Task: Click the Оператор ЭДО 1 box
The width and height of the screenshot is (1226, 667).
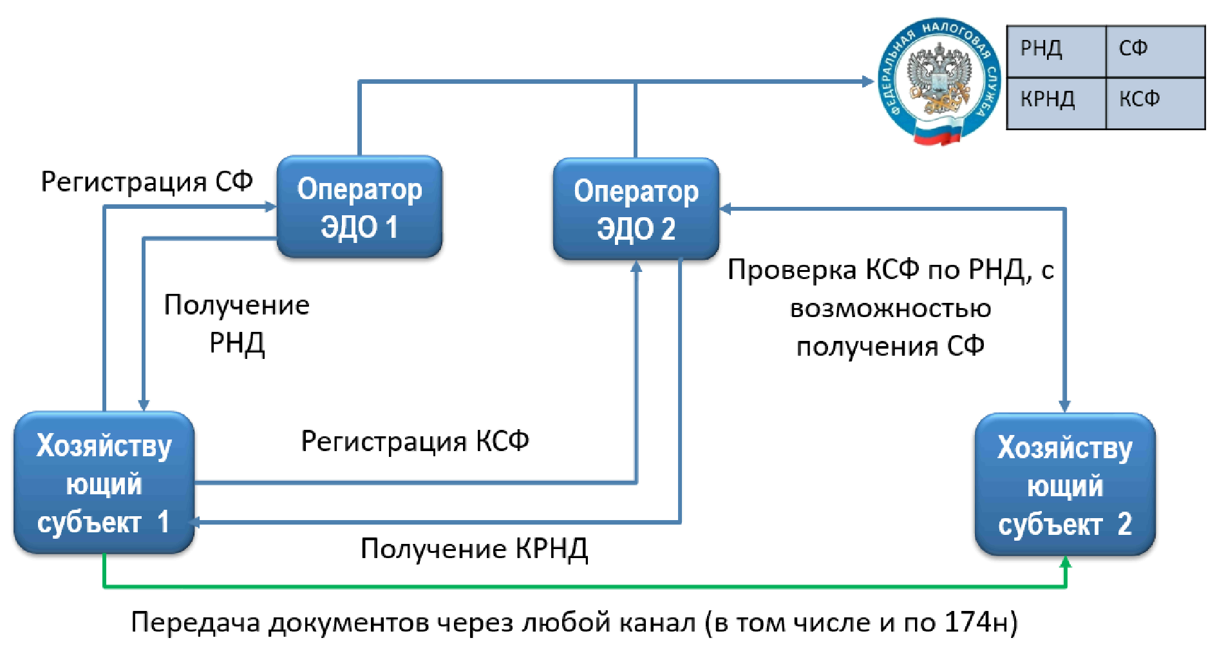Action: [359, 207]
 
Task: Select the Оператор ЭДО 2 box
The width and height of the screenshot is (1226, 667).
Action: [636, 209]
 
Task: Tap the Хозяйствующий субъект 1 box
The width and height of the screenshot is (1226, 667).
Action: [104, 483]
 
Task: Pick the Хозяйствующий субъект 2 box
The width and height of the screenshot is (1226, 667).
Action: [1064, 485]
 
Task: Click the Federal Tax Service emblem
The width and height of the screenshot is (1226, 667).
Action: [939, 81]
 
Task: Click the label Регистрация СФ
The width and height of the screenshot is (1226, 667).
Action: [147, 182]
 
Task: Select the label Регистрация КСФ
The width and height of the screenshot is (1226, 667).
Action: [415, 441]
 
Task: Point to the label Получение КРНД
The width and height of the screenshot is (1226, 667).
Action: [474, 549]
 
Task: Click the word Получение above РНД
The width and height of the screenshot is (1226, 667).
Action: [236, 305]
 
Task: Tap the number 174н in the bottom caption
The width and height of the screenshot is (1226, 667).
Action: [972, 623]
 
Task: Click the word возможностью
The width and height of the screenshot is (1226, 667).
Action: [890, 309]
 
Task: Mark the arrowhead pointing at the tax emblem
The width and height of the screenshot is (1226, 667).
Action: [868, 81]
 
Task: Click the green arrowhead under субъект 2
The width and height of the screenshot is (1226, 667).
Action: [1066, 563]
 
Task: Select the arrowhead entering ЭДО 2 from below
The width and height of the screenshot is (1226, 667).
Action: [636, 266]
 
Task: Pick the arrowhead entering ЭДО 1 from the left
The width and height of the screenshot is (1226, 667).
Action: [271, 207]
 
